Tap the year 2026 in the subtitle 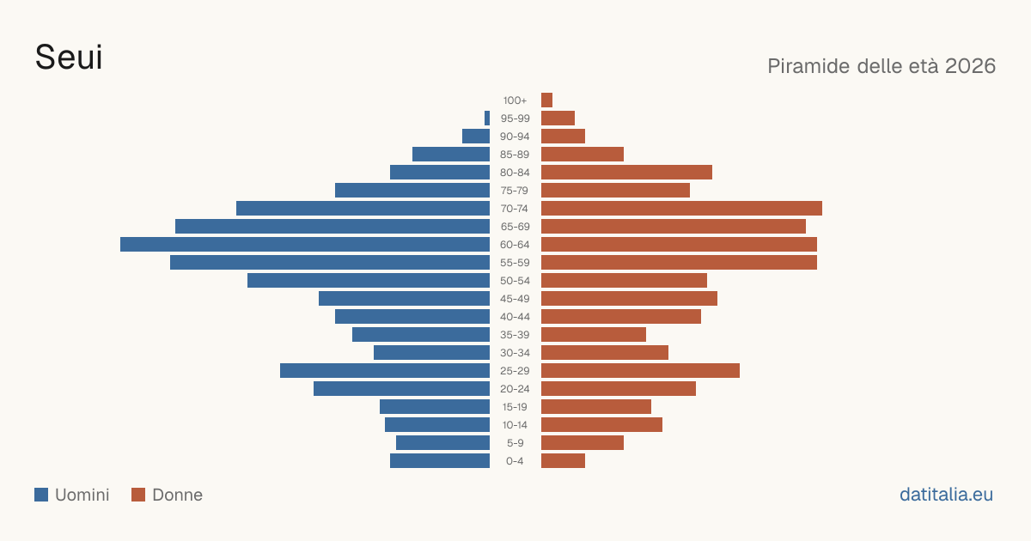pyautogui.click(x=970, y=66)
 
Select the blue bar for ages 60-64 pyautogui.click(x=305, y=244)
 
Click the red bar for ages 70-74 pyautogui.click(x=681, y=209)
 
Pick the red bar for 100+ pyautogui.click(x=546, y=100)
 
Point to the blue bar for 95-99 pyautogui.click(x=487, y=119)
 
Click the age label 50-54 pyautogui.click(x=515, y=281)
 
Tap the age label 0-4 pyautogui.click(x=515, y=461)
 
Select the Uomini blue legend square pyautogui.click(x=41, y=495)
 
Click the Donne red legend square pyautogui.click(x=138, y=495)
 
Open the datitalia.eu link pyautogui.click(x=946, y=495)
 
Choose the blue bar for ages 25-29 pyautogui.click(x=385, y=371)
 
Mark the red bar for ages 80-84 pyautogui.click(x=626, y=172)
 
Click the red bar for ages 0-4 pyautogui.click(x=563, y=461)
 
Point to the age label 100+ pyautogui.click(x=515, y=100)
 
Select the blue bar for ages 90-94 pyautogui.click(x=476, y=137)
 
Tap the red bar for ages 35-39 pyautogui.click(x=594, y=334)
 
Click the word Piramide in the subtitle pyautogui.click(x=808, y=66)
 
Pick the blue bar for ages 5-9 pyautogui.click(x=442, y=443)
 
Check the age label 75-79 pyautogui.click(x=515, y=191)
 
